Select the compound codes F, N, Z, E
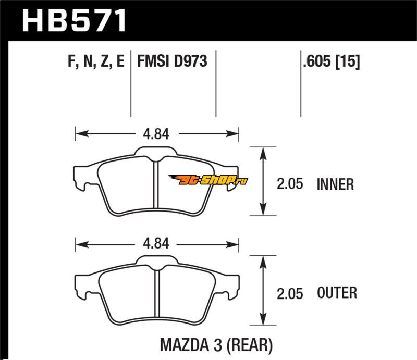tap(96, 61)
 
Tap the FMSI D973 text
tap(172, 61)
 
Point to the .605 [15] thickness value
tap(332, 61)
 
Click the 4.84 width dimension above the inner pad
tap(156, 134)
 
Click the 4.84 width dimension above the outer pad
tap(156, 243)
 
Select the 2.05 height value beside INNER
tap(290, 184)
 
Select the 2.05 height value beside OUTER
tap(290, 293)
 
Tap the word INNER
tap(335, 184)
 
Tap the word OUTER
tap(337, 293)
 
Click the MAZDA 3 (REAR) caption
tap(216, 345)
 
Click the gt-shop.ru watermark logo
tap(208, 180)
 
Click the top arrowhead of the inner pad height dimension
tap(263, 153)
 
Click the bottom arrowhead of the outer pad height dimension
tap(263, 319)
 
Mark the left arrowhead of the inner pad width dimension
tap(82, 133)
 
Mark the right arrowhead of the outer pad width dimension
tap(232, 244)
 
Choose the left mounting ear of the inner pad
tap(81, 178)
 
